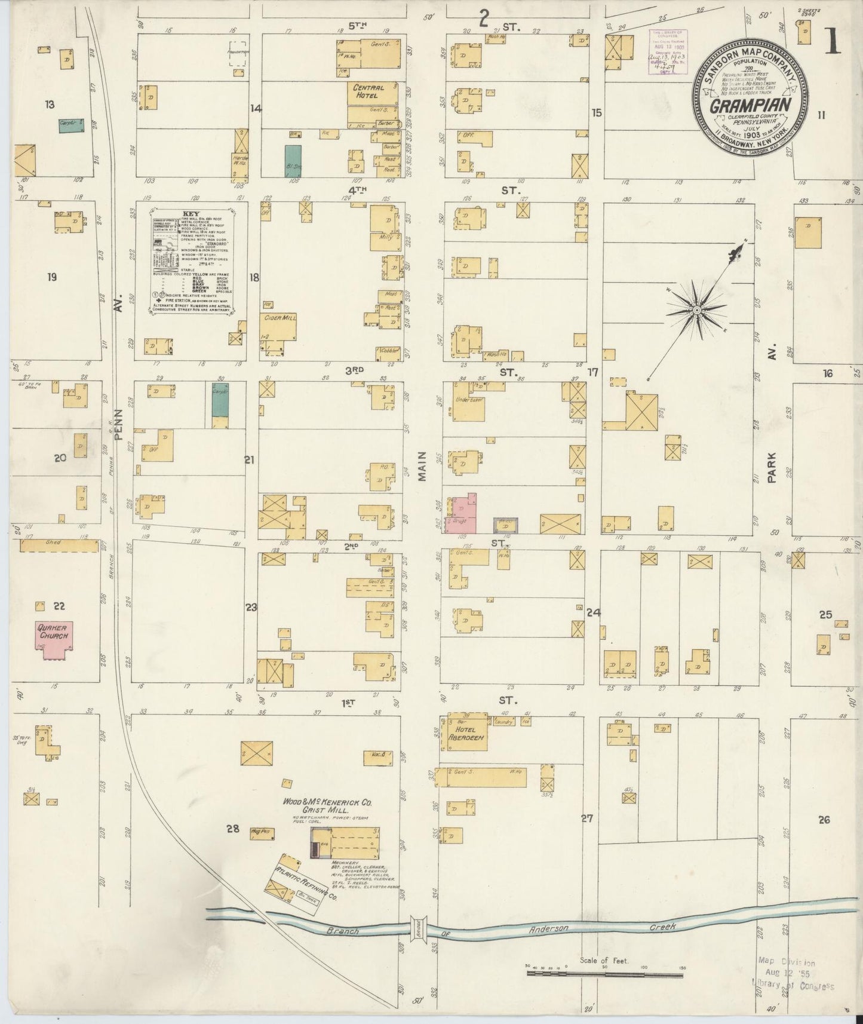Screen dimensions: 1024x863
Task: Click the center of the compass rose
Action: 696,311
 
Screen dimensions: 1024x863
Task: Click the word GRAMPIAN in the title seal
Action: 751,105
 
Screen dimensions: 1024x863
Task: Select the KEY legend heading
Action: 191,211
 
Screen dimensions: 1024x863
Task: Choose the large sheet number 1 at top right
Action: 833,44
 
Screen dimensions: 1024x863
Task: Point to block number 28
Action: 232,828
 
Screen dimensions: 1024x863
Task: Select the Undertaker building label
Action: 469,399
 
